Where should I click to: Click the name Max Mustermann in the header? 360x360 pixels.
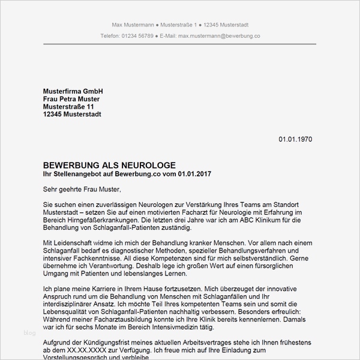[x=132, y=25]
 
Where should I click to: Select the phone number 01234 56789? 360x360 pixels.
[x=139, y=36]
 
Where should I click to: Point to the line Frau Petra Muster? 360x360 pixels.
[x=71, y=98]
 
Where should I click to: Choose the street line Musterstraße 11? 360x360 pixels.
[x=69, y=106]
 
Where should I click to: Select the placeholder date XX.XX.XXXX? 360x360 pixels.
[x=88, y=350]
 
